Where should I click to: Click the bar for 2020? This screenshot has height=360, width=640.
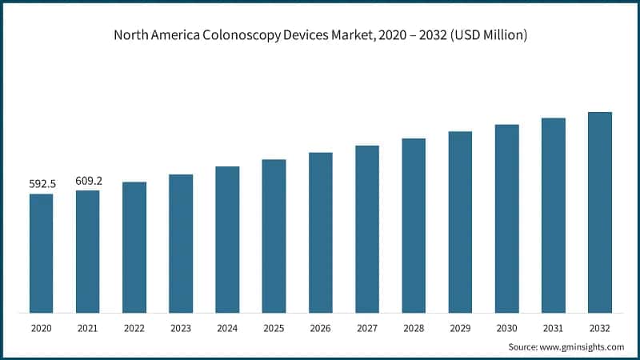tap(41, 253)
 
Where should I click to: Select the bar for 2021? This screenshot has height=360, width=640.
tap(87, 251)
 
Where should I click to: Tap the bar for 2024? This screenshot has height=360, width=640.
tap(227, 239)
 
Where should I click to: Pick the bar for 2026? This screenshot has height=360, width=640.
tap(320, 232)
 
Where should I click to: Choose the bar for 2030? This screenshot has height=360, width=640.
tap(506, 218)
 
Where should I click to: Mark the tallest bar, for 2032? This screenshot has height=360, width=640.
tap(599, 212)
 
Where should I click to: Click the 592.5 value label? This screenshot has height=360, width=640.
tap(41, 184)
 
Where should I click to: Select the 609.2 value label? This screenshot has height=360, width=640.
tap(88, 181)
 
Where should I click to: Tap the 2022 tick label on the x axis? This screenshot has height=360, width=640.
tap(134, 328)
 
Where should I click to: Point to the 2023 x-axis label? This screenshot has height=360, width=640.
tap(181, 328)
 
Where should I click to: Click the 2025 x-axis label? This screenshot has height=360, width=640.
tap(274, 328)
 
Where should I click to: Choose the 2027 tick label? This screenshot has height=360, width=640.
tap(367, 328)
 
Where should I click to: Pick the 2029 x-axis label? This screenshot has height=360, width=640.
tap(460, 328)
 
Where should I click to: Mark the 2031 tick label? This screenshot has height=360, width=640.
tap(553, 328)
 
